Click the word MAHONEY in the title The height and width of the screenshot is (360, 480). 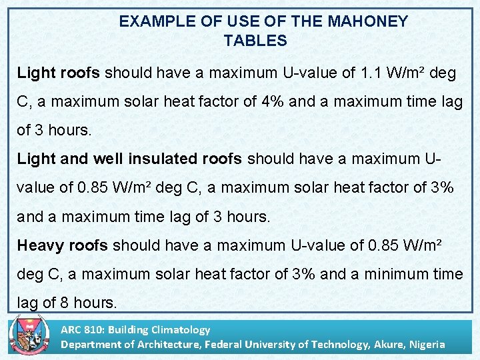(367, 21)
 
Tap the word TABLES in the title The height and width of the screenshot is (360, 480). (255, 41)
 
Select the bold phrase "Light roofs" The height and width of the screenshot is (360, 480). (59, 73)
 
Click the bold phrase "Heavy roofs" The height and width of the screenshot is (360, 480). (62, 245)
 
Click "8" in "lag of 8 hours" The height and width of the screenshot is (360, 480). (63, 303)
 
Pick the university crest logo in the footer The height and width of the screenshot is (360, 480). (31, 337)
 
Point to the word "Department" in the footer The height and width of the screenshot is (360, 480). (88, 344)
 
